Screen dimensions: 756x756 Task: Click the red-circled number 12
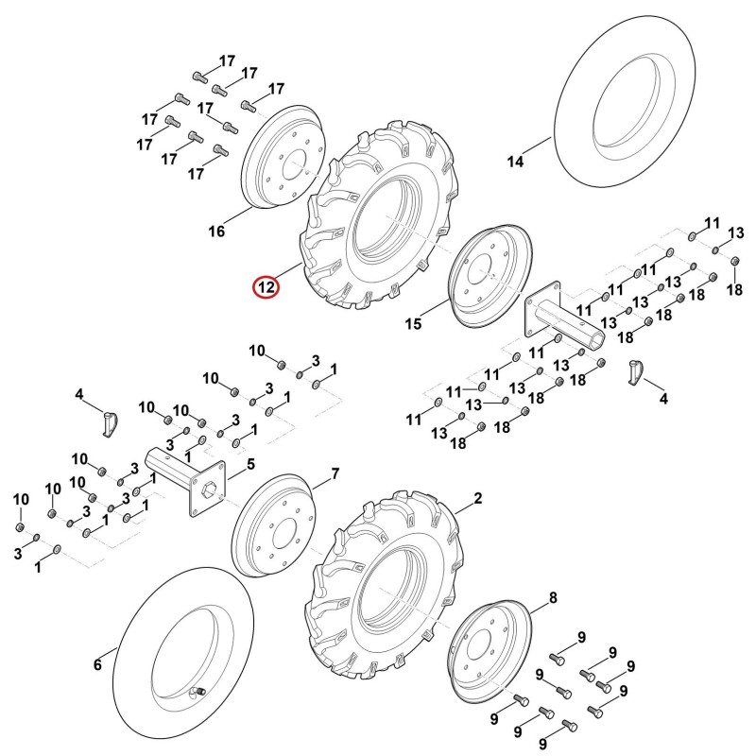266,288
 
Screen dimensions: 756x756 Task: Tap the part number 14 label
515,162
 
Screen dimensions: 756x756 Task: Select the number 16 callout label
216,232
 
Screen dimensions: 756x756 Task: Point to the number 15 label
413,323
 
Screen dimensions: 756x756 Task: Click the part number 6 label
98,665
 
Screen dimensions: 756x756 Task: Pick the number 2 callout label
478,498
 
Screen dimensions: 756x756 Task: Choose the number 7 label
335,474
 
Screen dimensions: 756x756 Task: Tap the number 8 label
553,598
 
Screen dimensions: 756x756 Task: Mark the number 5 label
250,465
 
